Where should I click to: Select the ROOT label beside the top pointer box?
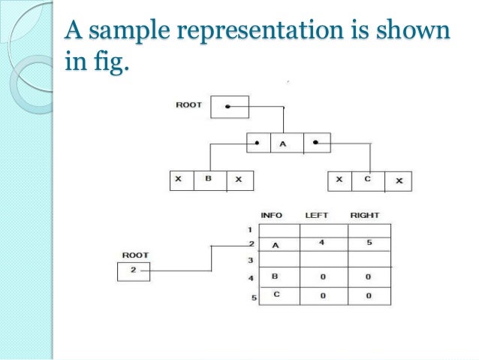click(188, 104)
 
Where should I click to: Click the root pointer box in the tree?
click(229, 107)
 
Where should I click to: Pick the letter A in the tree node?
click(283, 142)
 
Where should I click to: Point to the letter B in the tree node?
click(209, 180)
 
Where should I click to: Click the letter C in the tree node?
click(367, 180)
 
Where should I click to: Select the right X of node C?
click(399, 180)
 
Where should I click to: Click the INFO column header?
click(271, 215)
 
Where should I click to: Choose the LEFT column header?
click(317, 215)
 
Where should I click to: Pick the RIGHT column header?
click(364, 215)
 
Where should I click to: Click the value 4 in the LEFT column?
click(322, 244)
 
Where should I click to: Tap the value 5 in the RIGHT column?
click(369, 244)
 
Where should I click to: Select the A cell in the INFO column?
click(276, 244)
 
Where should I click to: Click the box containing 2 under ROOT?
click(134, 271)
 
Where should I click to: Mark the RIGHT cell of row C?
click(369, 295)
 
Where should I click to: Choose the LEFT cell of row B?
click(322, 277)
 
